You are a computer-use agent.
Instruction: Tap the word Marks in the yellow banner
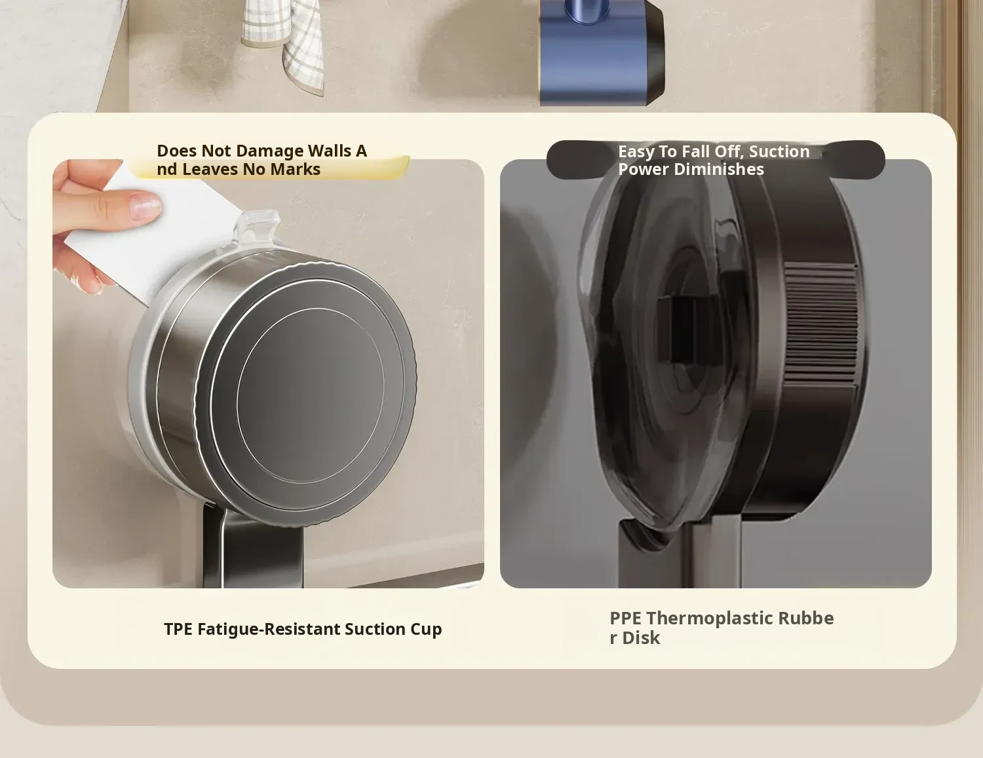click(295, 169)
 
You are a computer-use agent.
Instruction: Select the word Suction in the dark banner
click(779, 151)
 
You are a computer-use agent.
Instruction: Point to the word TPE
click(178, 629)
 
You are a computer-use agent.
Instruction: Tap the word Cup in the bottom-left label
click(426, 630)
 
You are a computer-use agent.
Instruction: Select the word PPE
click(625, 618)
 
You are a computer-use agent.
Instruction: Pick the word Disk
click(641, 638)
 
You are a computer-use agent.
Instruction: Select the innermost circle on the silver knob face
click(311, 395)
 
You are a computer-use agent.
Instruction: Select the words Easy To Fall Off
click(682, 151)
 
